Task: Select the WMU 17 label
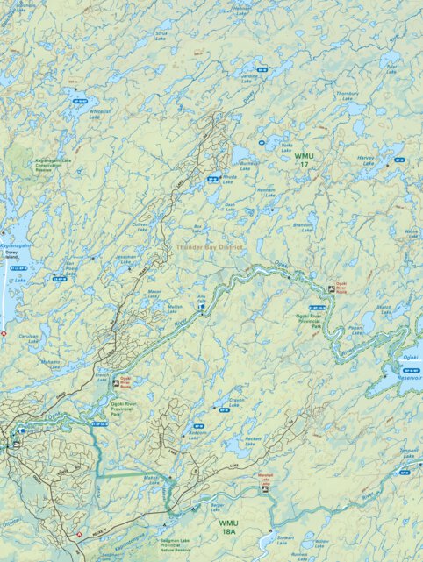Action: click(304, 159)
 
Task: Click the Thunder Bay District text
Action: click(209, 247)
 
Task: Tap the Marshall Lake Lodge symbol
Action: click(264, 489)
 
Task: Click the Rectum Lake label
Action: click(254, 440)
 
